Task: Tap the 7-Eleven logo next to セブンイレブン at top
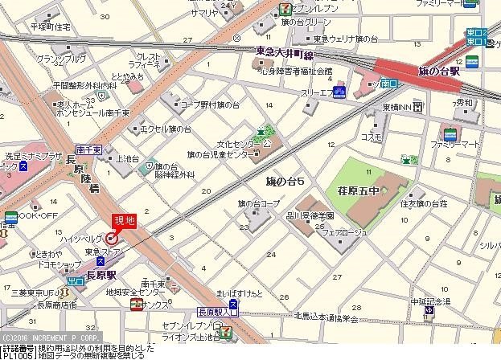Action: click(x=285, y=6)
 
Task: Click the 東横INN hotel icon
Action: click(x=418, y=108)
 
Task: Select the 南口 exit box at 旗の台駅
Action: click(x=388, y=83)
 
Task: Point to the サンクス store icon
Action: click(x=138, y=304)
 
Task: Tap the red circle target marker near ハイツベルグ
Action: click(x=112, y=238)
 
